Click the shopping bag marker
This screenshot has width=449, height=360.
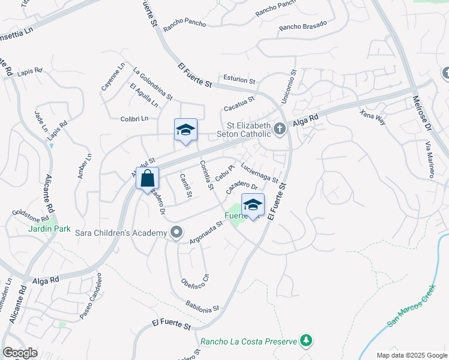coord(148,179)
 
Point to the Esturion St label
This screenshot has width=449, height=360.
coord(240,79)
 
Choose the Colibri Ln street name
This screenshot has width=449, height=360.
coord(134,118)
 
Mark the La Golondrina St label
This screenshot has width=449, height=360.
coord(152,83)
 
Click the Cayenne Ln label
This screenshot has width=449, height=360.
coord(112,77)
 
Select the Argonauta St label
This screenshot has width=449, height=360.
coord(206,232)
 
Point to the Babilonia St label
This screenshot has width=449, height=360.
coord(202,307)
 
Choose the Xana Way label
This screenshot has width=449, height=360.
coord(372,116)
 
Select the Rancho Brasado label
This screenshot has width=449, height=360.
coord(303,25)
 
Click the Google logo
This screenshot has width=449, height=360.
coord(20,353)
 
